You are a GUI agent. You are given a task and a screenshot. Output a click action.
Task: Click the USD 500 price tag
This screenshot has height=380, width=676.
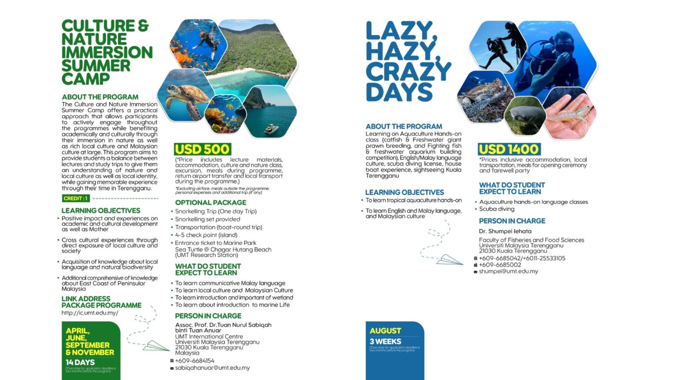pyautogui.click(x=202, y=150)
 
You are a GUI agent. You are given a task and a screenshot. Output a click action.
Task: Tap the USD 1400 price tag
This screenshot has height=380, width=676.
pyautogui.click(x=509, y=150)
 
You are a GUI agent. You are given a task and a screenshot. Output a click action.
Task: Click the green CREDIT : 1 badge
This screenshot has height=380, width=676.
pyautogui.click(x=76, y=198)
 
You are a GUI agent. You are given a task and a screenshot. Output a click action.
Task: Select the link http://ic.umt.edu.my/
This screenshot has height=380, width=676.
pyautogui.click(x=90, y=313)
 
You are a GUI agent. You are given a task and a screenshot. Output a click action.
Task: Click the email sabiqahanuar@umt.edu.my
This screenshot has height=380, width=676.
pyautogui.click(x=212, y=368)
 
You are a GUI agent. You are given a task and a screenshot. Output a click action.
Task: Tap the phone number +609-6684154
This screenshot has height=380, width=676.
pyautogui.click(x=195, y=361)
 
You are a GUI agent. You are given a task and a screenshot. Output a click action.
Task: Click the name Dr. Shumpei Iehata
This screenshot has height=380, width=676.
pyautogui.click(x=505, y=231)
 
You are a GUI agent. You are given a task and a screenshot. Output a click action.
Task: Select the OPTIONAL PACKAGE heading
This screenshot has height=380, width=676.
pyautogui.click(x=210, y=203)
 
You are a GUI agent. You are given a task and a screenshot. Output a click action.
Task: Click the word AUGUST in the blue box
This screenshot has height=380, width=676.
pyautogui.click(x=386, y=331)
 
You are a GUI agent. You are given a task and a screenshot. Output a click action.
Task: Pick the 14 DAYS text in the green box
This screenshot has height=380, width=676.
pyautogui.click(x=80, y=362)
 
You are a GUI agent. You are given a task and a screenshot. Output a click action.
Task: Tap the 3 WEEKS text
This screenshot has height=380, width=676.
pyautogui.click(x=386, y=342)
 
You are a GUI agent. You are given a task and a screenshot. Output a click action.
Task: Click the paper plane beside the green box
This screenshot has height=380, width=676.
pyautogui.click(x=156, y=346)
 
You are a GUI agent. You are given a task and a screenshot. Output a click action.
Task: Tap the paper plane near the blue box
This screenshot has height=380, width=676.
pyautogui.click(x=449, y=260)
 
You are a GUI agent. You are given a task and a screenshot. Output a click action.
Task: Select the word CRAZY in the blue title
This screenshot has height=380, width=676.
pyautogui.click(x=408, y=72)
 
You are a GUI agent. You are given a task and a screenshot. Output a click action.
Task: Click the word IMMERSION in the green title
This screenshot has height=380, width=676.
pyautogui.click(x=107, y=52)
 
